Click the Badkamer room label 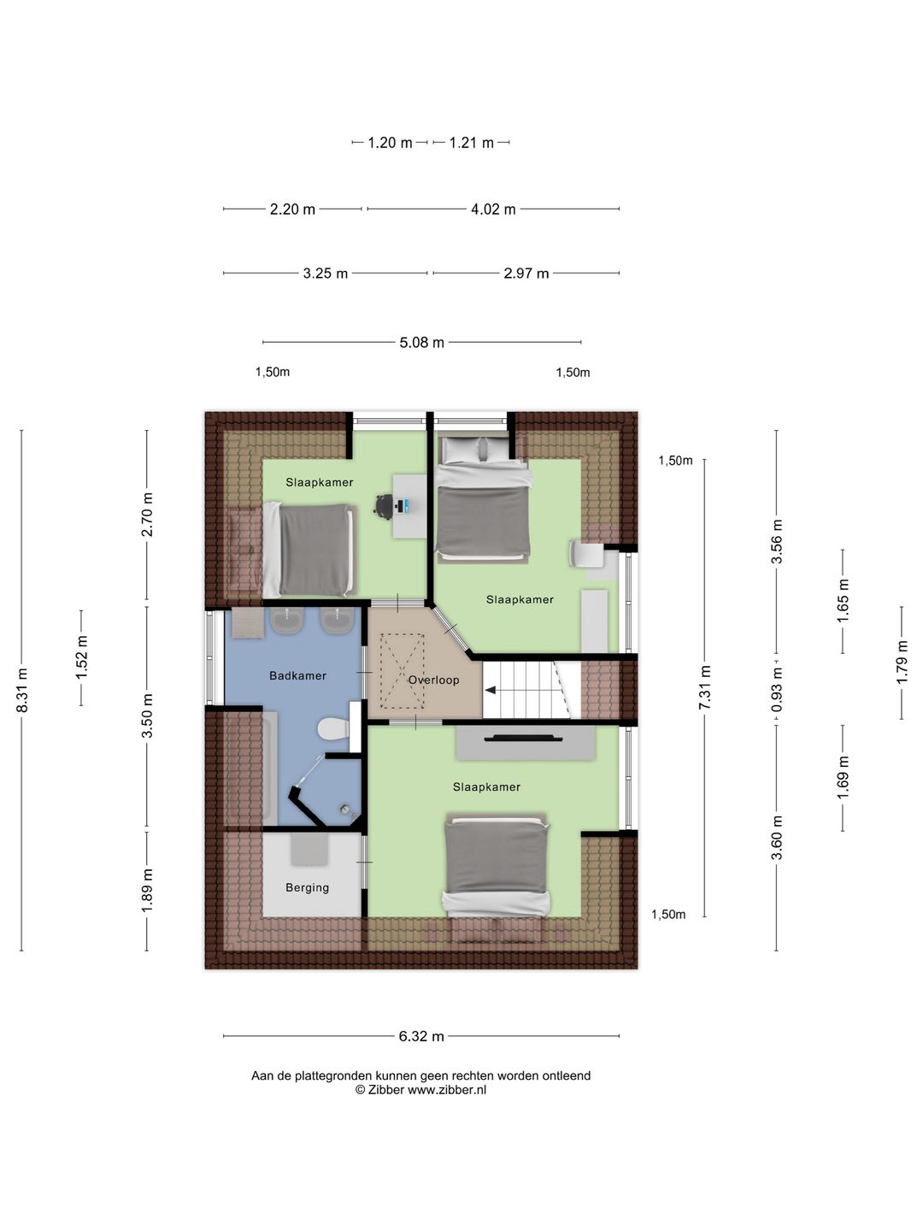(x=297, y=676)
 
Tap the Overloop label (x=433, y=680)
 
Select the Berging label (x=307, y=888)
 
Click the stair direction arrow (x=491, y=691)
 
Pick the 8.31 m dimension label (x=22, y=691)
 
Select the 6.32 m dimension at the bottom (x=421, y=1036)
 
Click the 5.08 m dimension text (x=421, y=342)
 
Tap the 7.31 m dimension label (x=704, y=687)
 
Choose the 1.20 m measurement (x=390, y=143)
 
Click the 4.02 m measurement (x=493, y=209)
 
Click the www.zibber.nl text (x=447, y=1090)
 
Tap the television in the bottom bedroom (x=523, y=738)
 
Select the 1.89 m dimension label (x=147, y=891)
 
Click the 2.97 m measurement (x=526, y=274)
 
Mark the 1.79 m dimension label (x=902, y=663)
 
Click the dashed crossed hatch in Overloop (x=403, y=671)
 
